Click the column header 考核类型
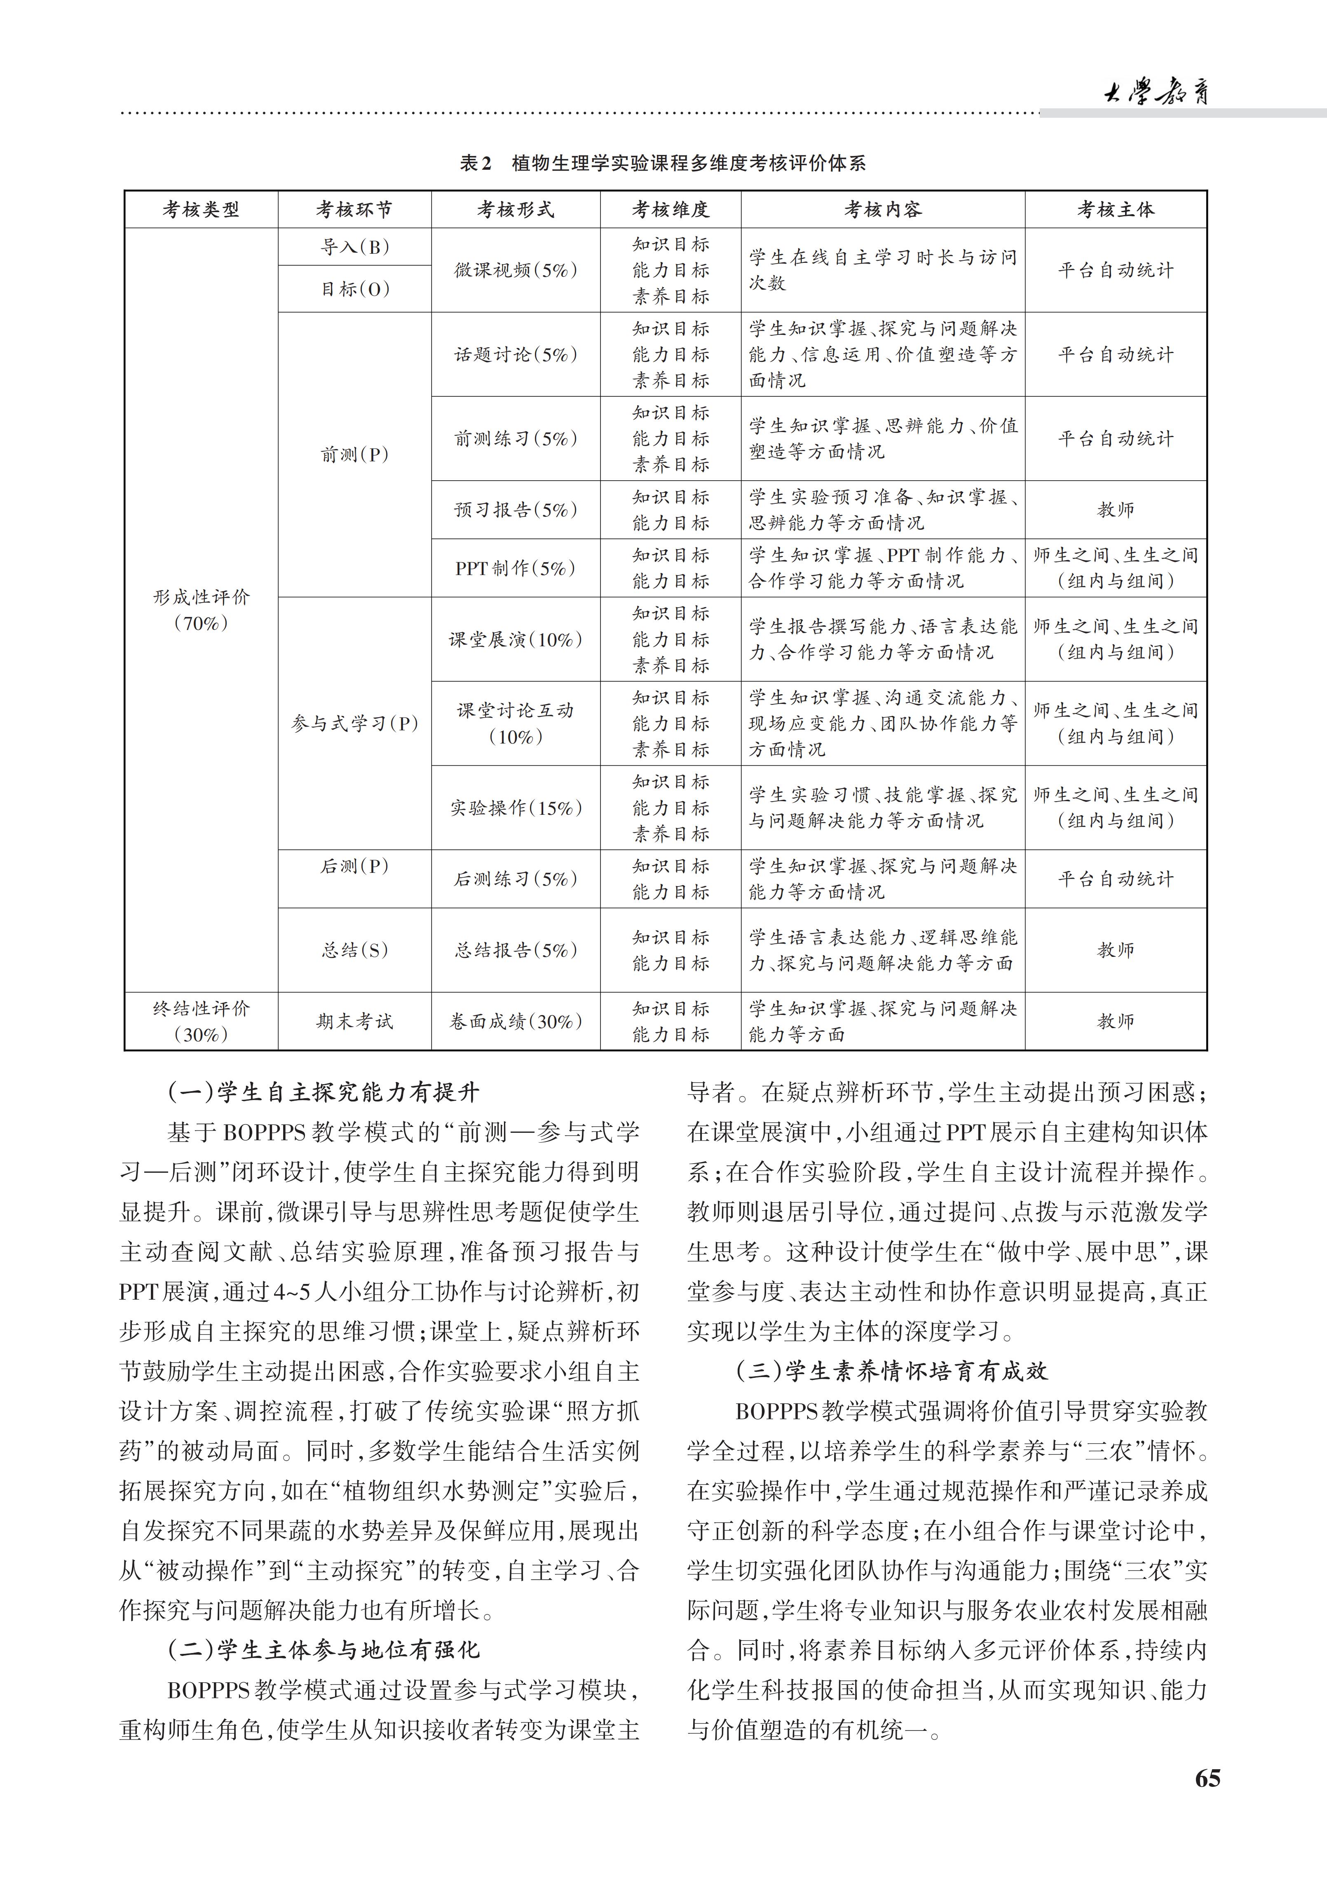[x=202, y=210]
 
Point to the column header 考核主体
[x=1116, y=210]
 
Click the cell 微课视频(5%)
[x=516, y=269]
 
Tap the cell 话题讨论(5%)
[x=516, y=354]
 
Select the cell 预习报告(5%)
[x=516, y=510]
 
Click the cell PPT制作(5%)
[x=516, y=568]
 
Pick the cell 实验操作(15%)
[x=516, y=808]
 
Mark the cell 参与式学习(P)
[x=354, y=723]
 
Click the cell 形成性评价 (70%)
[x=202, y=610]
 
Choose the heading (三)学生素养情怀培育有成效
[x=892, y=1371]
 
